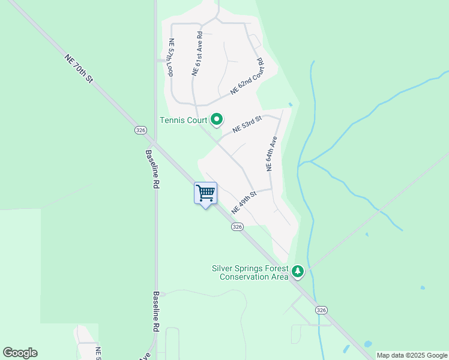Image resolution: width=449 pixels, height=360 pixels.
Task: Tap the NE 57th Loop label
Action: (x=170, y=58)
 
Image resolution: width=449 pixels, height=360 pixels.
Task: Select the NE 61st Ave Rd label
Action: (x=197, y=54)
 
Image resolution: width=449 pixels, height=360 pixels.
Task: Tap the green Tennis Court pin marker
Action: (x=217, y=120)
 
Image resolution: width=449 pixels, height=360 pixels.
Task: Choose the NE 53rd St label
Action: (x=247, y=124)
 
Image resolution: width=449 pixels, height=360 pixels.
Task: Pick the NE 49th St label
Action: (x=244, y=203)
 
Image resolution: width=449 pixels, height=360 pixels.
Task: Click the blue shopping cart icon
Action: (x=205, y=193)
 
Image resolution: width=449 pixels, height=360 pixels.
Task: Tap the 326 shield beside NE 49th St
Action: (x=237, y=227)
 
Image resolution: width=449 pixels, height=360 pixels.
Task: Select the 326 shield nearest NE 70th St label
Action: (x=140, y=130)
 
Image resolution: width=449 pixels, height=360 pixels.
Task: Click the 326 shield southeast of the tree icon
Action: (x=322, y=310)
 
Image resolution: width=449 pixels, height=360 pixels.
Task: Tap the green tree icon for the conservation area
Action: (x=297, y=272)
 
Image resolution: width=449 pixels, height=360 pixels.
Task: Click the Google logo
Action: (x=20, y=353)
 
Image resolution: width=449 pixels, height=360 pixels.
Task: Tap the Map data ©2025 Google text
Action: (x=412, y=355)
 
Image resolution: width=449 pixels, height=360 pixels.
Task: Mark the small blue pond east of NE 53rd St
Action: (x=291, y=104)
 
